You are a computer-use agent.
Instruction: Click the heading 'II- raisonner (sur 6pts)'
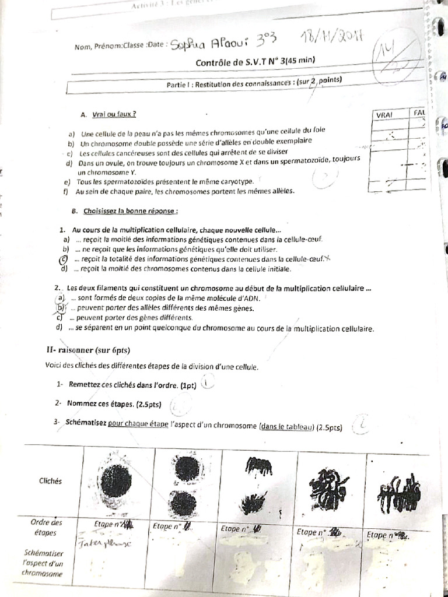[87, 350]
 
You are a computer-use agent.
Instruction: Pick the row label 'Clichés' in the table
[51, 482]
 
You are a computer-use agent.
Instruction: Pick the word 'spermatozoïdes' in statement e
[119, 182]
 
